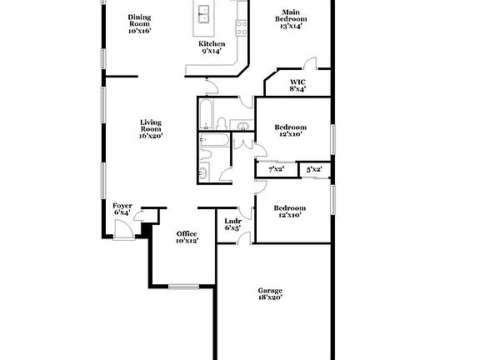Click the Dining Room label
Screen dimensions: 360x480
pos(139,21)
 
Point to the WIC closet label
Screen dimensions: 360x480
pos(297,81)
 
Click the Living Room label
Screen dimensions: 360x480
pos(150,125)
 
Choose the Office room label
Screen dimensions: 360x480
pos(186,232)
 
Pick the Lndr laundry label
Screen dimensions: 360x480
pos(233,221)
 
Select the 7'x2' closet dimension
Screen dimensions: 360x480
pos(276,169)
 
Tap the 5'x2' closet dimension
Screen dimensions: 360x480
pos(314,169)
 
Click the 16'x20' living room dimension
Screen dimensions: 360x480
pos(150,135)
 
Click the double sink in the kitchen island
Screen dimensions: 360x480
pos(204,13)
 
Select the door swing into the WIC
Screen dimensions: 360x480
pos(310,64)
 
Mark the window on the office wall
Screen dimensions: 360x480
pos(182,287)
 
